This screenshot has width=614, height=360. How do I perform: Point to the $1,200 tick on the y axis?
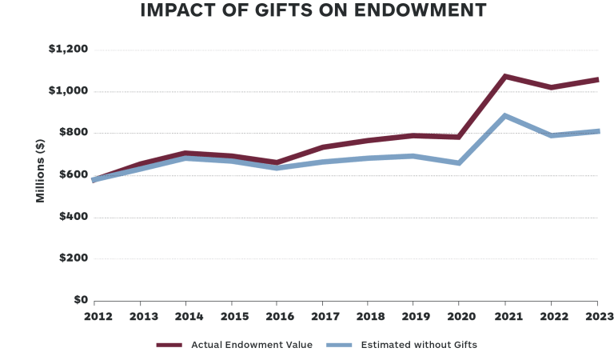(x=68, y=50)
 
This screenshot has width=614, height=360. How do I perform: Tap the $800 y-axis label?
(x=72, y=133)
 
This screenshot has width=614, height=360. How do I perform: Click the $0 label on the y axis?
(x=79, y=300)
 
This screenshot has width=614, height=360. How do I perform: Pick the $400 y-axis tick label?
(x=72, y=217)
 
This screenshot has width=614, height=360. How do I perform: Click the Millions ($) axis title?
(x=40, y=170)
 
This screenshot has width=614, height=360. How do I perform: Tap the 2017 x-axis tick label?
(x=322, y=315)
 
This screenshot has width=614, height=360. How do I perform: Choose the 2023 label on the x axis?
(x=596, y=315)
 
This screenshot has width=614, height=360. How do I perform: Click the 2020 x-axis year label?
(x=459, y=315)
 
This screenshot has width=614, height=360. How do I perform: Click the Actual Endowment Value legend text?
(x=252, y=345)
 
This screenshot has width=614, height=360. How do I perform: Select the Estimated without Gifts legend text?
(x=419, y=345)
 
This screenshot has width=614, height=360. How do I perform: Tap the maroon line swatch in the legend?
(x=169, y=345)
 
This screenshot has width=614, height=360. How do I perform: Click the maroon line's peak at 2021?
(x=505, y=76)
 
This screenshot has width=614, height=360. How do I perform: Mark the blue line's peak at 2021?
(x=505, y=116)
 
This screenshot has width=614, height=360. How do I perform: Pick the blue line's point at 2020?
(x=459, y=163)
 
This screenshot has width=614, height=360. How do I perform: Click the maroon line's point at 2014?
(x=185, y=153)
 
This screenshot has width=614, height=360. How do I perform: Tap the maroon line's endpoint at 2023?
(x=596, y=79)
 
